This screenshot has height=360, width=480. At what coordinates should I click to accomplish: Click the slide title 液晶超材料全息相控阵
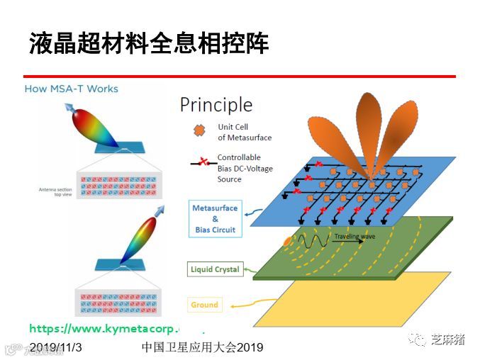tap(149, 43)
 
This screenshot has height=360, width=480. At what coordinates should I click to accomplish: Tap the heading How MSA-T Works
tap(71, 89)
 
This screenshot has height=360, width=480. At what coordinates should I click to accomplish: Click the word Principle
tap(216, 105)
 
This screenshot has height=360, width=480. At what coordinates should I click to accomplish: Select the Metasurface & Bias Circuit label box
tap(216, 219)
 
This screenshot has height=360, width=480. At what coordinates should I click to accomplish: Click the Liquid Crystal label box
tap(216, 269)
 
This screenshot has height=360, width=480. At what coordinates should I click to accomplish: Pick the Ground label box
tap(204, 305)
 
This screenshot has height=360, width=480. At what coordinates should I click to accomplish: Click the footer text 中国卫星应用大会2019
tap(202, 347)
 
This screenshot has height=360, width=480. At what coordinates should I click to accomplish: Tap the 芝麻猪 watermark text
tap(447, 339)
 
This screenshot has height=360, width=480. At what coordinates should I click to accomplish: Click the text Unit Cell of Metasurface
tap(245, 132)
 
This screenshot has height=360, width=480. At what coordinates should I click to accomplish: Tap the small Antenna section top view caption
tap(56, 191)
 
